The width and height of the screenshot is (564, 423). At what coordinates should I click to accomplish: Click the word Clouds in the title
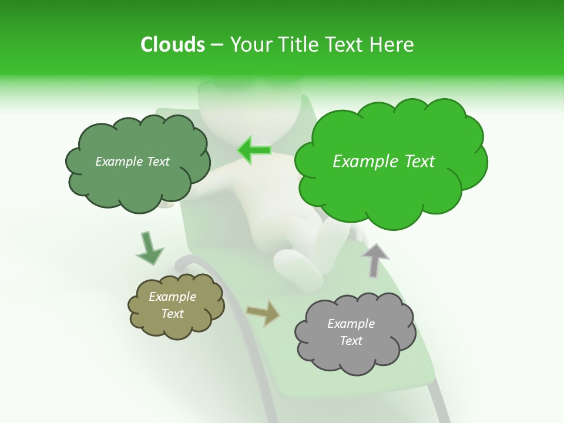(172, 45)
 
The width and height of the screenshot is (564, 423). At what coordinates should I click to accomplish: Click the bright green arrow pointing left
(254, 150)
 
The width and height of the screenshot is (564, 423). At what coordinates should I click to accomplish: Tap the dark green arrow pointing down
(149, 249)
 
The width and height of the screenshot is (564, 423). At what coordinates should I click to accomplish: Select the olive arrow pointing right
(263, 313)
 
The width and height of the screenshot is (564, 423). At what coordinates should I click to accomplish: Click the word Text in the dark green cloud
(156, 162)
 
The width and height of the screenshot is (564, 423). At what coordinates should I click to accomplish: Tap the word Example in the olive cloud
(172, 297)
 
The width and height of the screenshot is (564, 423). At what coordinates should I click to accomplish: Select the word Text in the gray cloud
(351, 341)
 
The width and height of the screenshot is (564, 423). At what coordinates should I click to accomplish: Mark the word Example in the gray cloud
(351, 324)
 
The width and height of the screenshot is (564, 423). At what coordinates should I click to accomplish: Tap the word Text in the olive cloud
(172, 314)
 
